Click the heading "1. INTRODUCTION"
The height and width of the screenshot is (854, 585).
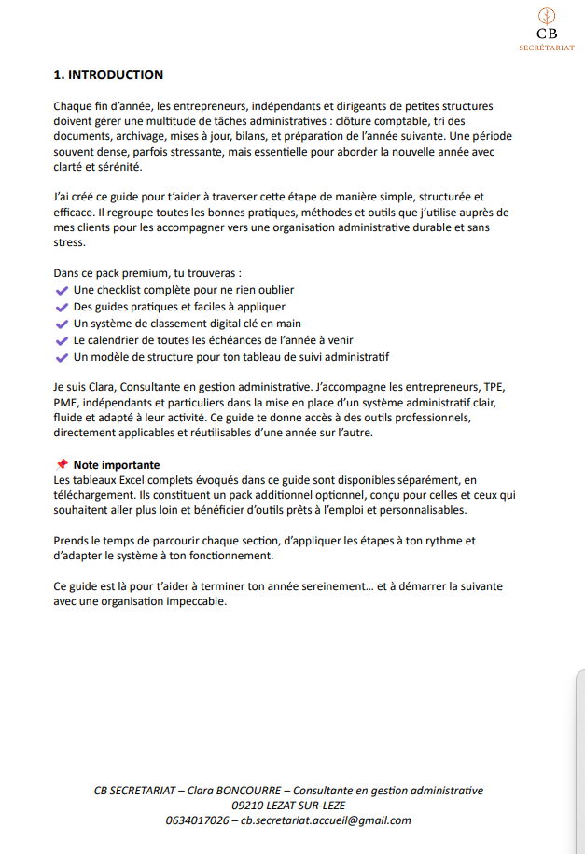tap(108, 75)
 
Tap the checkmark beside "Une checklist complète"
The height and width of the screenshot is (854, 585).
tap(63, 291)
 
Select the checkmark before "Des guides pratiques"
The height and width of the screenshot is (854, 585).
tap(63, 307)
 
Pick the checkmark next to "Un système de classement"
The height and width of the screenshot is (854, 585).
tap(63, 324)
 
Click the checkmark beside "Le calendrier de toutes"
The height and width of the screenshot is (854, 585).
tap(63, 340)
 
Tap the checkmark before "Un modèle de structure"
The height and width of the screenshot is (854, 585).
tap(63, 357)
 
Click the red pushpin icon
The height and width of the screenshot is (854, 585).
tap(62, 464)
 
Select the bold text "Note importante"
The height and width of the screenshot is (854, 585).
tap(117, 465)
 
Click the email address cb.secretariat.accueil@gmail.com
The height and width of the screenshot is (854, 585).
tap(326, 820)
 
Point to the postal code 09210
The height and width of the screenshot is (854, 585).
tap(249, 806)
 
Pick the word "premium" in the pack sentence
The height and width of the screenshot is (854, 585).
tap(134, 274)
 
